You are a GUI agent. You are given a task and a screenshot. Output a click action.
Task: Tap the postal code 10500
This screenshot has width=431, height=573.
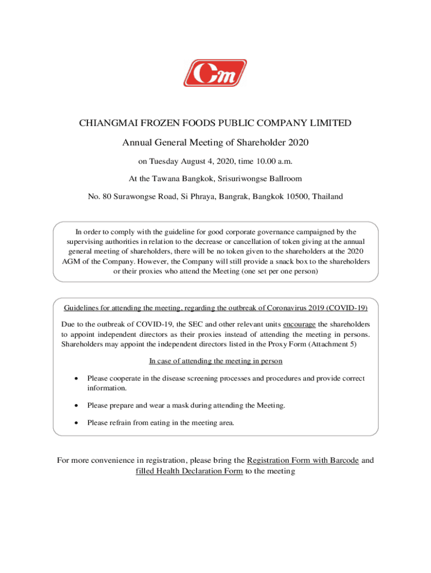click(x=296, y=196)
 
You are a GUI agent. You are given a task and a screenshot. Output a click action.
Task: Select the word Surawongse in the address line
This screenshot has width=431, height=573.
click(x=130, y=196)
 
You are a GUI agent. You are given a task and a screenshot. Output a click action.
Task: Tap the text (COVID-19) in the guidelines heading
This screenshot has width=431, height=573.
click(x=347, y=308)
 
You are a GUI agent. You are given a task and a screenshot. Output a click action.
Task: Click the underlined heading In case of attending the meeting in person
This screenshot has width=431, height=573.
click(x=215, y=361)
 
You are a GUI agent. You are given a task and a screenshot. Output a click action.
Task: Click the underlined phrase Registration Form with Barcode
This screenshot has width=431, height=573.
click(x=303, y=461)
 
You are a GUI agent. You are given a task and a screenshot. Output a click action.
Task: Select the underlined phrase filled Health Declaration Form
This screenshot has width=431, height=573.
click(x=189, y=471)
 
